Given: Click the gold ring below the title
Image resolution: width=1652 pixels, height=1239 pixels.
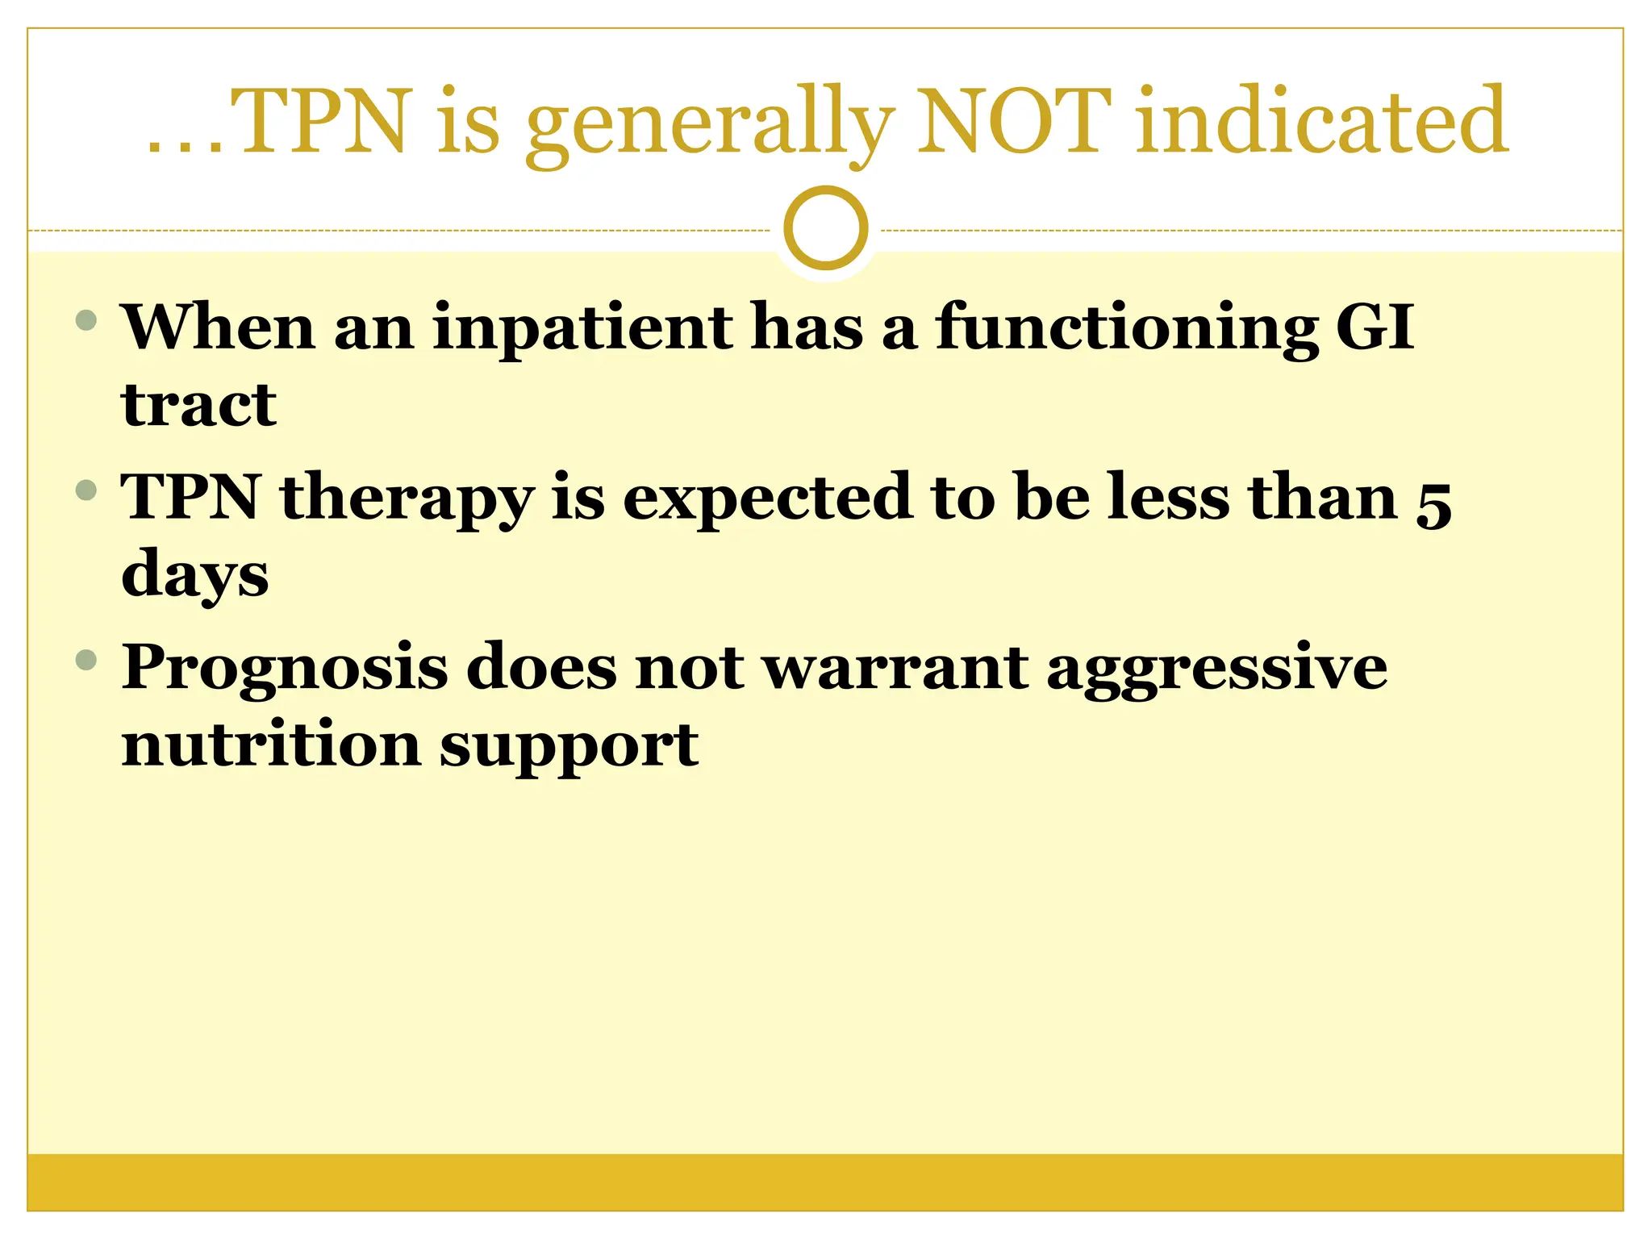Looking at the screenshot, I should click(x=825, y=228).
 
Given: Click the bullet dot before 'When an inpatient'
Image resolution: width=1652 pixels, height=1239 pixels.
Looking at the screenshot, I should click(x=86, y=320).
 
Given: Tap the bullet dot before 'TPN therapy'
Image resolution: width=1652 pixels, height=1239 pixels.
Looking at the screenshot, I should click(x=86, y=490).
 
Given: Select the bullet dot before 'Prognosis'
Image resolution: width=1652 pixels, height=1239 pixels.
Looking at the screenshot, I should click(x=86, y=661).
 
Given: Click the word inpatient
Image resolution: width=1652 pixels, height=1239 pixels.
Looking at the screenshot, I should click(x=582, y=329).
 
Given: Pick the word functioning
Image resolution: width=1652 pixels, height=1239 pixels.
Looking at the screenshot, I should click(x=1126, y=329).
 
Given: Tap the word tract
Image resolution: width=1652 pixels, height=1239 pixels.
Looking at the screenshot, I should click(x=198, y=405).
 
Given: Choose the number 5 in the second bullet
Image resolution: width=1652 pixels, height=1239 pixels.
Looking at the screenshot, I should click(x=1433, y=505).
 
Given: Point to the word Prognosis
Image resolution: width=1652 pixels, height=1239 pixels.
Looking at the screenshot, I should click(x=284, y=670).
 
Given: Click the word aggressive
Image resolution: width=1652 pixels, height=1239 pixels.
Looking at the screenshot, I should click(x=1216, y=670).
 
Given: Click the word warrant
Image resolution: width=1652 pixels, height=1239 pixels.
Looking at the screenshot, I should click(x=895, y=668).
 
